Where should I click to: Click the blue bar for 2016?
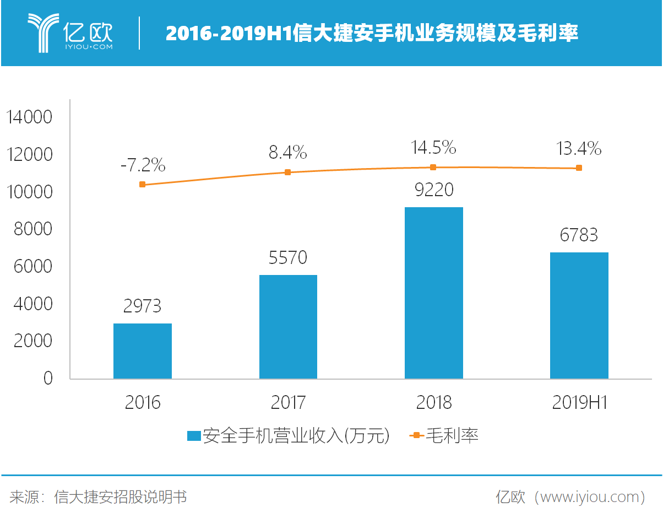pos(143,351)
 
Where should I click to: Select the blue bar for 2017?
pos(288,327)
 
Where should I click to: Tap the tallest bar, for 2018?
pos(433,293)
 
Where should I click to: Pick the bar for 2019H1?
pos(579,316)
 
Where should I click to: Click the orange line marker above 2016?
pos(142,185)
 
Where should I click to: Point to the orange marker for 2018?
pos(433,168)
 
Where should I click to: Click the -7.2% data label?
pos(143,165)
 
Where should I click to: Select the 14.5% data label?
pos(433,148)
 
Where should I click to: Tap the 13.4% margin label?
pos(579,149)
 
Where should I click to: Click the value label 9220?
pos(434,190)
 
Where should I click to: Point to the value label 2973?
pos(142,306)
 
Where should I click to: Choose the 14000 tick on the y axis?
pos(29,117)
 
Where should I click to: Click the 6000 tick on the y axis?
pos(33,266)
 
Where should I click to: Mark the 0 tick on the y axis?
pos(48,378)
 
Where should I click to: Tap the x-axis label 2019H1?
pos(580,402)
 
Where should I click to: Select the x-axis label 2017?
pos(288,402)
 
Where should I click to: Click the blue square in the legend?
pos(194,436)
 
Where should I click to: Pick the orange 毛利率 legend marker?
pos(416,435)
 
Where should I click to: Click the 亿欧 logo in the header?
pos(70,33)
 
